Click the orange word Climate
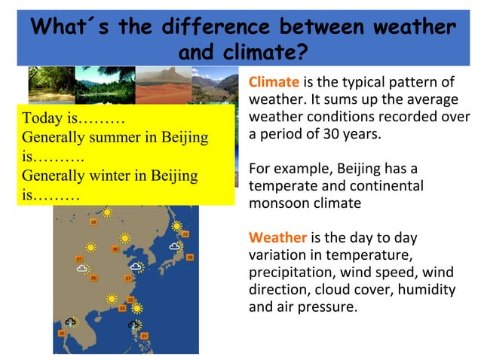(274, 82)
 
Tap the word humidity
(426, 289)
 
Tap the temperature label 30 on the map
(115, 249)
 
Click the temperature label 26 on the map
(93, 278)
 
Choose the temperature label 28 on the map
(190, 258)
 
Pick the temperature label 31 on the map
(144, 335)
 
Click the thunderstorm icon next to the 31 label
(133, 325)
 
